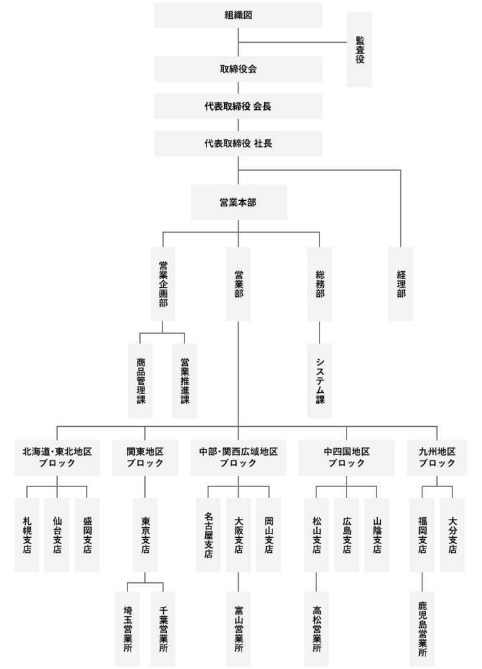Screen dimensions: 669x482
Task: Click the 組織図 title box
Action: [x=238, y=15]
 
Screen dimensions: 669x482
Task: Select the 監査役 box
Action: [x=360, y=50]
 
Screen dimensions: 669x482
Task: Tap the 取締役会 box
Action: [x=238, y=70]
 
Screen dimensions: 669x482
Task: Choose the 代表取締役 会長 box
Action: [x=238, y=107]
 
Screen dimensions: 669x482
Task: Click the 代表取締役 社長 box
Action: [x=238, y=144]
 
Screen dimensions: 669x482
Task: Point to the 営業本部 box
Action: [x=238, y=203]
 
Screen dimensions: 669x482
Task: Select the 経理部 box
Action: [x=401, y=284]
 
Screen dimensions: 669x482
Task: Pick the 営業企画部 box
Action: [x=163, y=284]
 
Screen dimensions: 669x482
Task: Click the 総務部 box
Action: [x=319, y=284]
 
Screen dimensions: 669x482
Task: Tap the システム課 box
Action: [x=319, y=380]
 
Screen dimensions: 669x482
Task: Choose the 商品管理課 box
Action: [x=141, y=380]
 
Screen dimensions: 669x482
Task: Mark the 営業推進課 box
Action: [x=185, y=380]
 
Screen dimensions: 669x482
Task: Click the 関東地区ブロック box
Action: [x=145, y=458]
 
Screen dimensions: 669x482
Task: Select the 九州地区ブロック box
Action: [x=437, y=458]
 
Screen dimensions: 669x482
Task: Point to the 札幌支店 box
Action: [x=27, y=535]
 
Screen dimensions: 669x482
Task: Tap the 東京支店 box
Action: [x=145, y=535]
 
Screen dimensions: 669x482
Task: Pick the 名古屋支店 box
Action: [x=208, y=535]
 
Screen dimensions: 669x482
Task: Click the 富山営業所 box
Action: [x=238, y=629]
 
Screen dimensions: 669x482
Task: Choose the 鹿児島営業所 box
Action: [x=422, y=629]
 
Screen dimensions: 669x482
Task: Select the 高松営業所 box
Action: [x=316, y=629]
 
